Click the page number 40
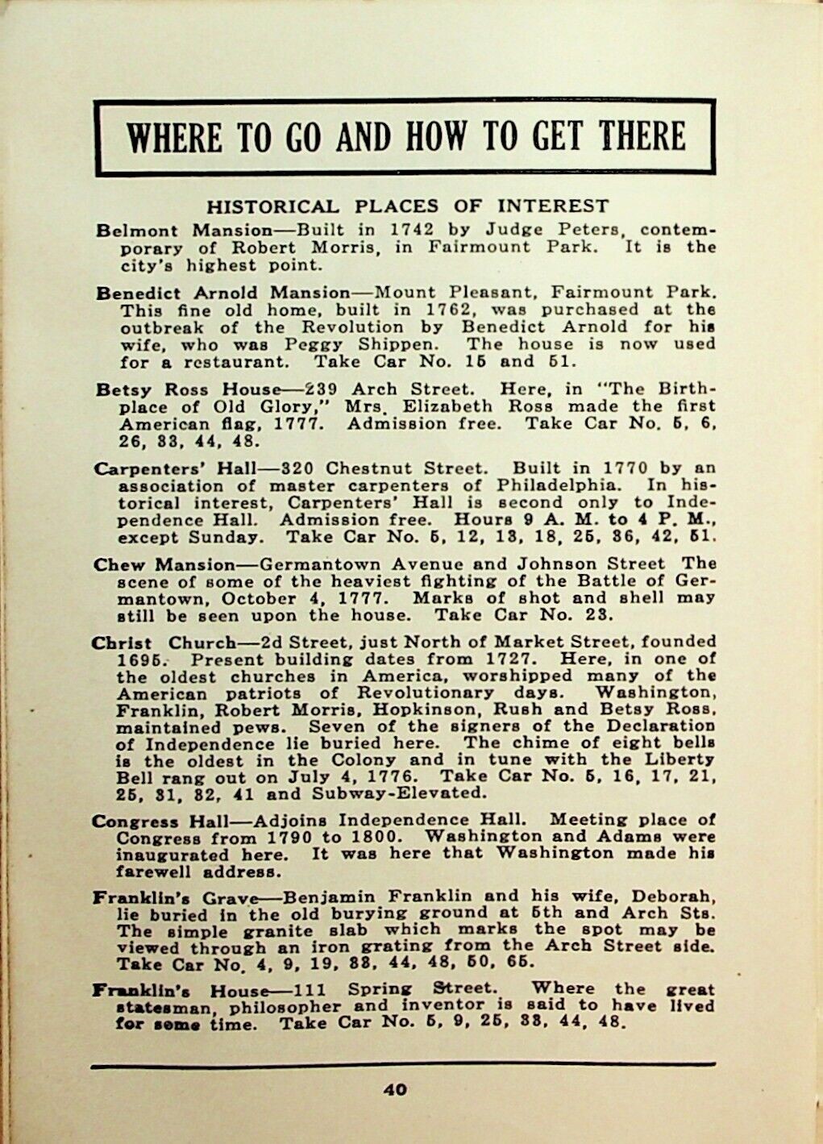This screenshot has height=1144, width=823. click(x=395, y=1090)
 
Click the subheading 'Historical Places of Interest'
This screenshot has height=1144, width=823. click(x=408, y=206)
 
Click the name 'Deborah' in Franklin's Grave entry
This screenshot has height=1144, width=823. click(x=683, y=896)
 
